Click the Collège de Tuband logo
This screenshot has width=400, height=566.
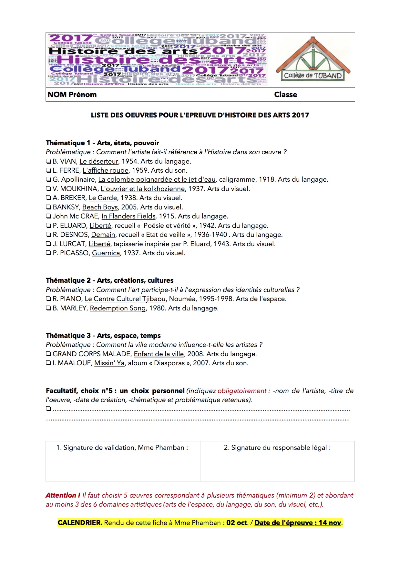pyautogui.click(x=313, y=60)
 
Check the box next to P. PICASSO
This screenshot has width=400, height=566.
pyautogui.click(x=48, y=253)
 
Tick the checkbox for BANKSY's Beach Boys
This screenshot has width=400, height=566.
pyautogui.click(x=48, y=207)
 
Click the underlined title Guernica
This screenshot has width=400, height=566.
pyautogui.click(x=106, y=253)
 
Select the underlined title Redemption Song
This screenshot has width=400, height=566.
pyautogui.click(x=118, y=308)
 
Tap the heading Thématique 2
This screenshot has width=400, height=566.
pyautogui.click(x=68, y=280)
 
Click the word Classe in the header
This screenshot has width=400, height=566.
pyautogui.click(x=285, y=95)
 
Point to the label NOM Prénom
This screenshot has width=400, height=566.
pyautogui.click(x=72, y=95)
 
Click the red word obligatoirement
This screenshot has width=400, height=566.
pyautogui.click(x=242, y=391)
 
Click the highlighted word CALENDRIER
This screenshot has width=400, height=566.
pyautogui.click(x=80, y=523)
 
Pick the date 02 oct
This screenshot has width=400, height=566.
pyautogui.click(x=237, y=523)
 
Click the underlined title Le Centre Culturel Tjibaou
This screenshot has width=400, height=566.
pyautogui.click(x=125, y=299)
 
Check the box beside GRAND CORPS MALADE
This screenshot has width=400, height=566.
pyautogui.click(x=48, y=354)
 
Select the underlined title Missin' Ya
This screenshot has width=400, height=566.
pyautogui.click(x=109, y=363)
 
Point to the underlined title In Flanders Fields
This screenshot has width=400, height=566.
pyautogui.click(x=128, y=216)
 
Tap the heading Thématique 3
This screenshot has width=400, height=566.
pyautogui.click(x=68, y=336)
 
